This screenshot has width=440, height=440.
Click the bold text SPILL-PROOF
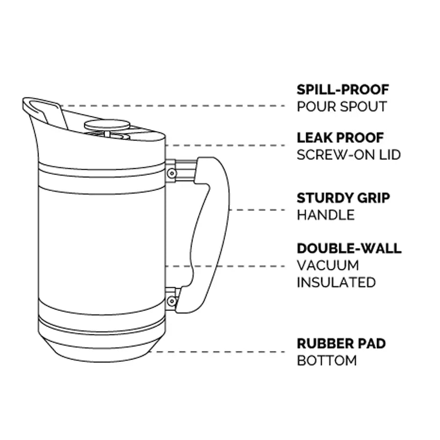point(343,90)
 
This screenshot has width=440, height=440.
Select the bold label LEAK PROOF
point(340,138)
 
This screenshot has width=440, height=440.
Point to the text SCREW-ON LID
point(349,154)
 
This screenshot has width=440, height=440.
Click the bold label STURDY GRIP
point(343,198)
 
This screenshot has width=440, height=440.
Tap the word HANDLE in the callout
point(325,215)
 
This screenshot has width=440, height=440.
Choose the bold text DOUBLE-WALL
point(349,248)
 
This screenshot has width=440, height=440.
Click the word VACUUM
point(328,265)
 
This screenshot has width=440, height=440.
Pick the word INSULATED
point(336,282)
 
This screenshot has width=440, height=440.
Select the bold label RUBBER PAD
point(341,344)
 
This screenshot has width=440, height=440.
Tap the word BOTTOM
point(327,361)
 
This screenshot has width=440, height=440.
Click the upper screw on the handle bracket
point(172,173)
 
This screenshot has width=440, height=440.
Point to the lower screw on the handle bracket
point(171,301)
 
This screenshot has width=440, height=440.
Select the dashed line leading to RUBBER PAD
point(220,352)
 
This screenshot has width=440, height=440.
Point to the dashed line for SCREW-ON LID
point(225,145)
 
